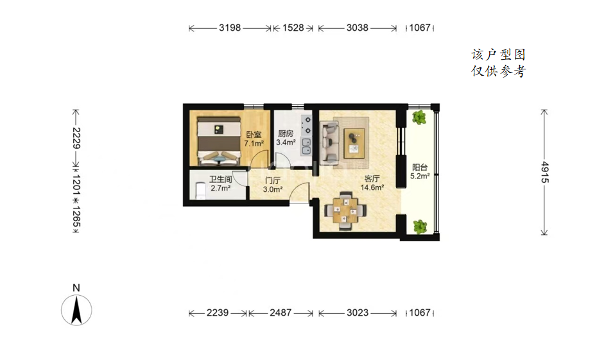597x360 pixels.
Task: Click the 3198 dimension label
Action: [x=230, y=28]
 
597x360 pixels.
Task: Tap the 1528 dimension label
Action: [x=293, y=28]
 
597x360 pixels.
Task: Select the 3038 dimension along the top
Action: [x=357, y=28]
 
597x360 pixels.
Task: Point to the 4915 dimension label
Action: [x=545, y=173]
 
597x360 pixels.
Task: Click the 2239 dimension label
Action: [x=218, y=313]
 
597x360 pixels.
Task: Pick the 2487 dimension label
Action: [x=281, y=313]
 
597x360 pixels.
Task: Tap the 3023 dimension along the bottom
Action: [x=358, y=313]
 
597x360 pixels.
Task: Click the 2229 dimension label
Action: [x=76, y=138]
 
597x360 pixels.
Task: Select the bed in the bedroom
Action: [x=219, y=141]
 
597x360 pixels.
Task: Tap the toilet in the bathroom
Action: [x=200, y=191]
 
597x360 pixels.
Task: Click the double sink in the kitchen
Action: [x=306, y=146]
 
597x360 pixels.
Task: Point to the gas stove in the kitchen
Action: [x=306, y=125]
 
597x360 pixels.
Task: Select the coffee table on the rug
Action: [x=354, y=143]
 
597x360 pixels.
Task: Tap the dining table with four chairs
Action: [x=345, y=210]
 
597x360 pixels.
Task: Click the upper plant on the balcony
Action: [x=419, y=117]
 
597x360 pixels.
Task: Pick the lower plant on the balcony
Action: [x=420, y=227]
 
